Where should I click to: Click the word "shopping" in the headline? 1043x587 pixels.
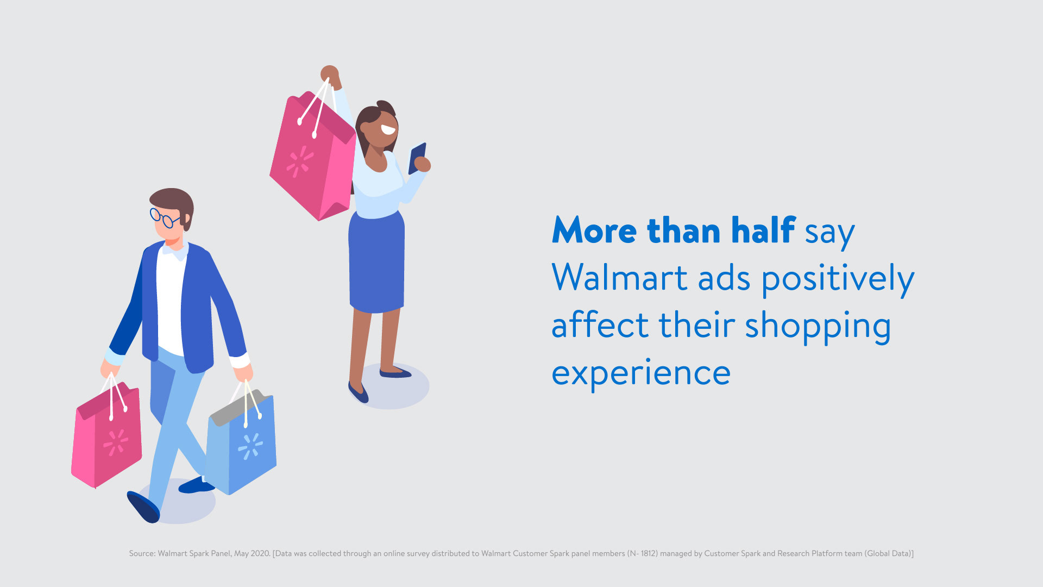click(818, 326)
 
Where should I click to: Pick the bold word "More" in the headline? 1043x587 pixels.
click(594, 230)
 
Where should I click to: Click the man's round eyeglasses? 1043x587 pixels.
click(165, 217)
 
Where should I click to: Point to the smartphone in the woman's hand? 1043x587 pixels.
click(417, 158)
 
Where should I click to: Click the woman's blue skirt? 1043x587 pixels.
click(376, 264)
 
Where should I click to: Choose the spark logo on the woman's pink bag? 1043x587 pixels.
click(299, 161)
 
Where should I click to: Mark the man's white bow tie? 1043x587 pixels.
click(175, 252)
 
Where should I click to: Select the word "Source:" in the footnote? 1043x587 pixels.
click(142, 553)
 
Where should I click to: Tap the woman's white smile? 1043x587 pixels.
click(388, 130)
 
